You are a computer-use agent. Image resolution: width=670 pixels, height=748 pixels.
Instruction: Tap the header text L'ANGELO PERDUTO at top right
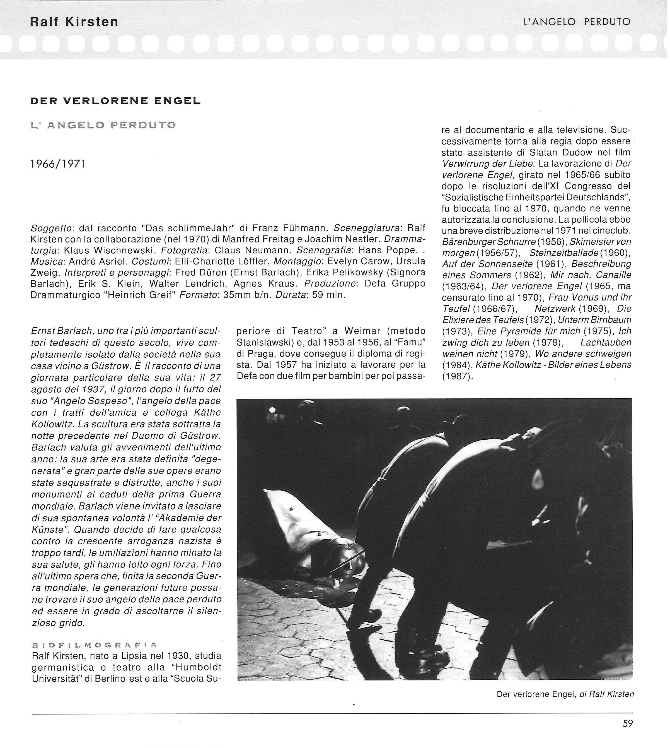[x=577, y=22]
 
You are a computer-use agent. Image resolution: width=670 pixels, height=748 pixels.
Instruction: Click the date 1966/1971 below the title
[x=58, y=164]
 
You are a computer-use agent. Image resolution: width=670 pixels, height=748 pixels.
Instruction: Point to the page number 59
[x=628, y=723]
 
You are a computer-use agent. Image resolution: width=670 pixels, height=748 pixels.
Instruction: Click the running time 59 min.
[x=329, y=295]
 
